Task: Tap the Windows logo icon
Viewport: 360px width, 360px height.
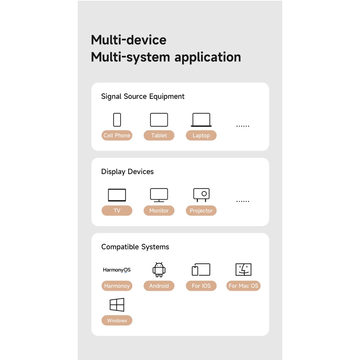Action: pos(117,305)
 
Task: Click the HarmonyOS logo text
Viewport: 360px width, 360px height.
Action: pos(117,270)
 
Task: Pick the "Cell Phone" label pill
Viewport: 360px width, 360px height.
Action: pos(117,135)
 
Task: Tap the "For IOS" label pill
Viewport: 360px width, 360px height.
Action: pos(201,286)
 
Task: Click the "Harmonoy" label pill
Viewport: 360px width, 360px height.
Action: pos(117,286)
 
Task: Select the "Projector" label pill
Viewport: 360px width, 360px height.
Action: pos(201,211)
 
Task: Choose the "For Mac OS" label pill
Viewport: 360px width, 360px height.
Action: pos(243,286)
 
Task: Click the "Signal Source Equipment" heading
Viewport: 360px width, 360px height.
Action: pos(143,96)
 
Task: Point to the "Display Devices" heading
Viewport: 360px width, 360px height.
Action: pos(127,172)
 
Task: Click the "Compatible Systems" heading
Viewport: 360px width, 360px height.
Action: pos(135,247)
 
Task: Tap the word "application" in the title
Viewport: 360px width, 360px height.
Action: pos(208,57)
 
